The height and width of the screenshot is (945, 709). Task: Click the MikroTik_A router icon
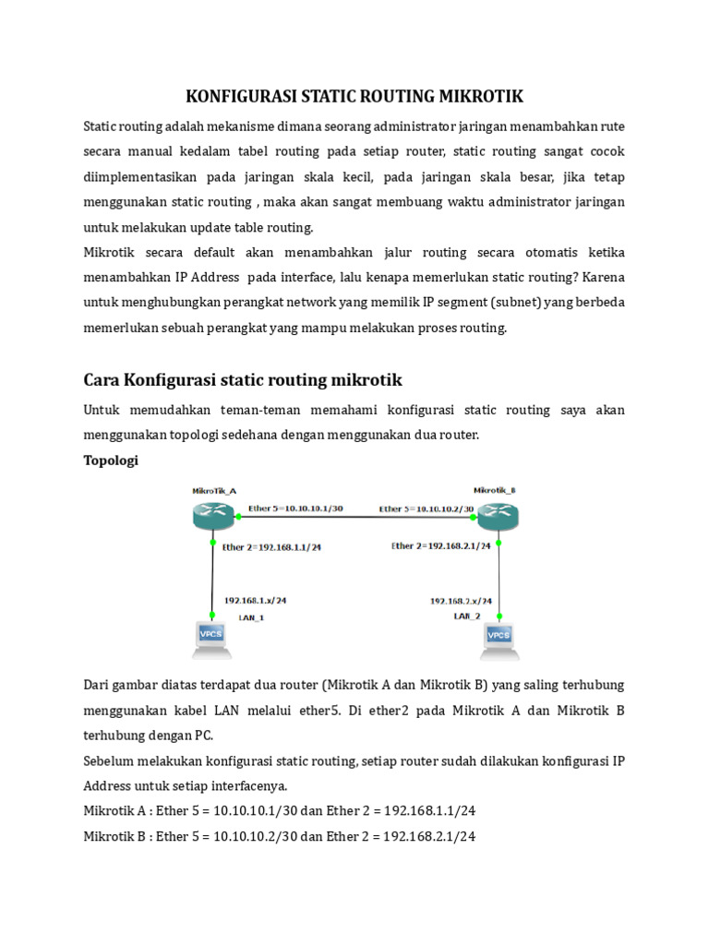coord(213,516)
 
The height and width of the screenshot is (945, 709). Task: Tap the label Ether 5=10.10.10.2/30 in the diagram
coord(426,508)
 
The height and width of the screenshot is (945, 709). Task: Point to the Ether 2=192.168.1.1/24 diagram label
coord(272,546)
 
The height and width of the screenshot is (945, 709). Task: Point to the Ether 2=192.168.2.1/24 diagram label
coord(440,545)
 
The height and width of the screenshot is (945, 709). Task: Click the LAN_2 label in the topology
coord(467,616)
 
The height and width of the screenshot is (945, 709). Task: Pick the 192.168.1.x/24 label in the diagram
coord(255,600)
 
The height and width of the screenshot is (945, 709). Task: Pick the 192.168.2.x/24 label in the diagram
coord(461,600)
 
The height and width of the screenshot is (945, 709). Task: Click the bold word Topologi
coord(111,460)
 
